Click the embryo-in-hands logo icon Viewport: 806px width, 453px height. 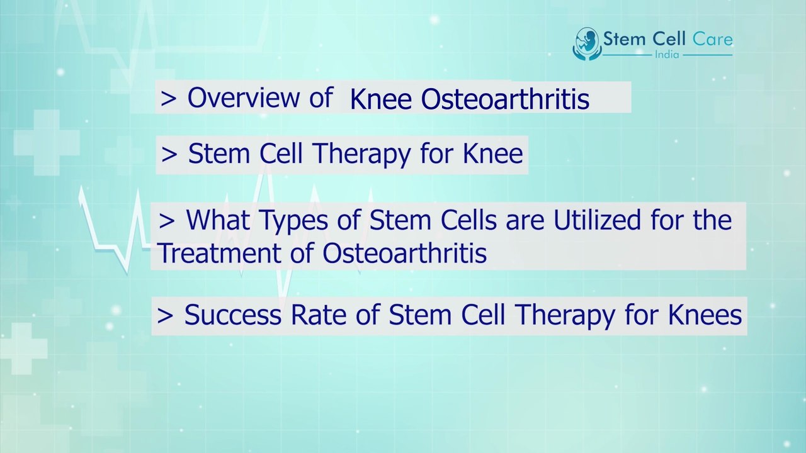[x=586, y=43]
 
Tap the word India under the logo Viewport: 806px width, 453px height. [x=666, y=55]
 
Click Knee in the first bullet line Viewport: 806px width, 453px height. [x=381, y=100]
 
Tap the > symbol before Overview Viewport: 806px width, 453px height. [x=169, y=99]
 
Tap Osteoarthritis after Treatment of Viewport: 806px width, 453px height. [x=404, y=253]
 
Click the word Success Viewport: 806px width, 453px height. [x=233, y=315]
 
